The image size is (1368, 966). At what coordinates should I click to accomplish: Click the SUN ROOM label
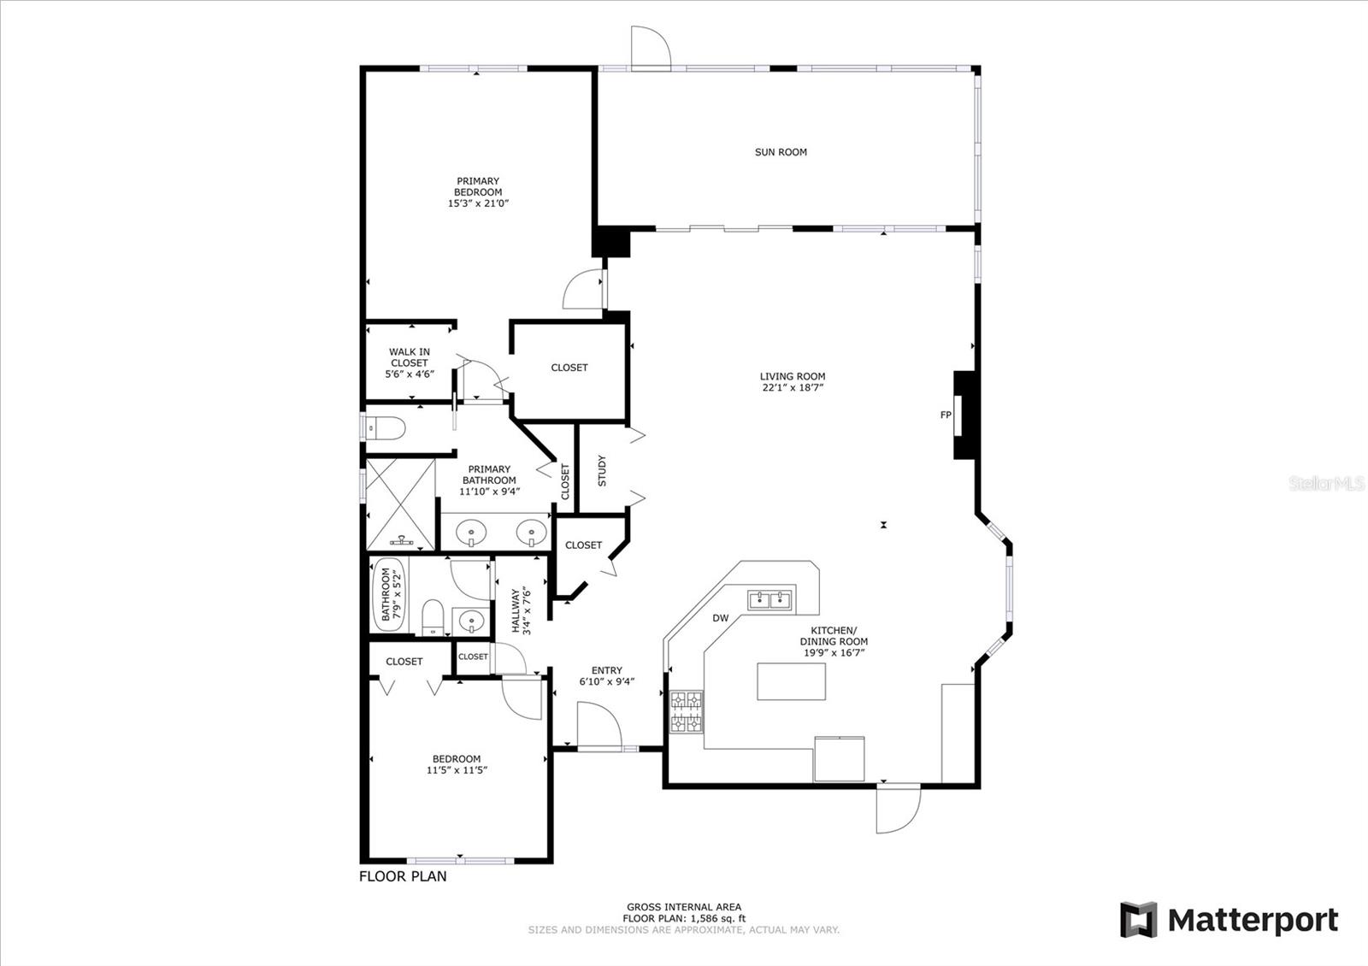coord(781,152)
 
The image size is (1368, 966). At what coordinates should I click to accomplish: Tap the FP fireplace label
coord(946,415)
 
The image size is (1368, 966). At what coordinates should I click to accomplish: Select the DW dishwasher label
coord(721,618)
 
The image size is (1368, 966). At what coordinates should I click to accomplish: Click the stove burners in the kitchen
coord(687,711)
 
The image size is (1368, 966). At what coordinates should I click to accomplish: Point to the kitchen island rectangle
coord(792,681)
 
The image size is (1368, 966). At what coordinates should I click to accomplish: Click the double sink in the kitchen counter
coord(769,599)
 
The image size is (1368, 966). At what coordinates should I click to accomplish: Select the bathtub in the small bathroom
coord(388,595)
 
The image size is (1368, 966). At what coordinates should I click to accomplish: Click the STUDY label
coord(602,470)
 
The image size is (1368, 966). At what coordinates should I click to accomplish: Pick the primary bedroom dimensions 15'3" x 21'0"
coord(478,203)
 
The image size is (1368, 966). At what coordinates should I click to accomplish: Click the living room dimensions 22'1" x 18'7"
coord(793,387)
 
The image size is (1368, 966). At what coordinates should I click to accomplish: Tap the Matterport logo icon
coord(1138,920)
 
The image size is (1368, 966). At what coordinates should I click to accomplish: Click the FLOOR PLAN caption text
coord(403,876)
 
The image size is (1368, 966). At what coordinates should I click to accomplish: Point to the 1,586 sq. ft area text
coord(718,918)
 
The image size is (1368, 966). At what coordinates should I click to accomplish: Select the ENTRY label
coord(606,670)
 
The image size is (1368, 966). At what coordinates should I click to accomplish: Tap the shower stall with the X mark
coord(400,504)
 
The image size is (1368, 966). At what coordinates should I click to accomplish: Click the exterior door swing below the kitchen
coord(898,810)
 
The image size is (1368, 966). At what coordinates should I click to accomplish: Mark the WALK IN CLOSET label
coord(410,357)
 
